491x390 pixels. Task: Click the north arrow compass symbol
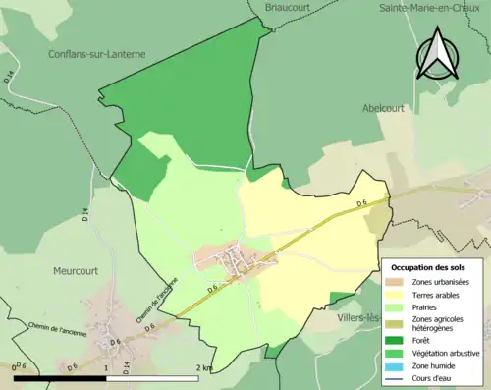click(439, 53)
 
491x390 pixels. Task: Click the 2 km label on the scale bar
click(204, 367)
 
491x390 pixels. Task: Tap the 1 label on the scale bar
click(105, 367)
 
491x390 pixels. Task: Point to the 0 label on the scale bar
click(15, 367)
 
